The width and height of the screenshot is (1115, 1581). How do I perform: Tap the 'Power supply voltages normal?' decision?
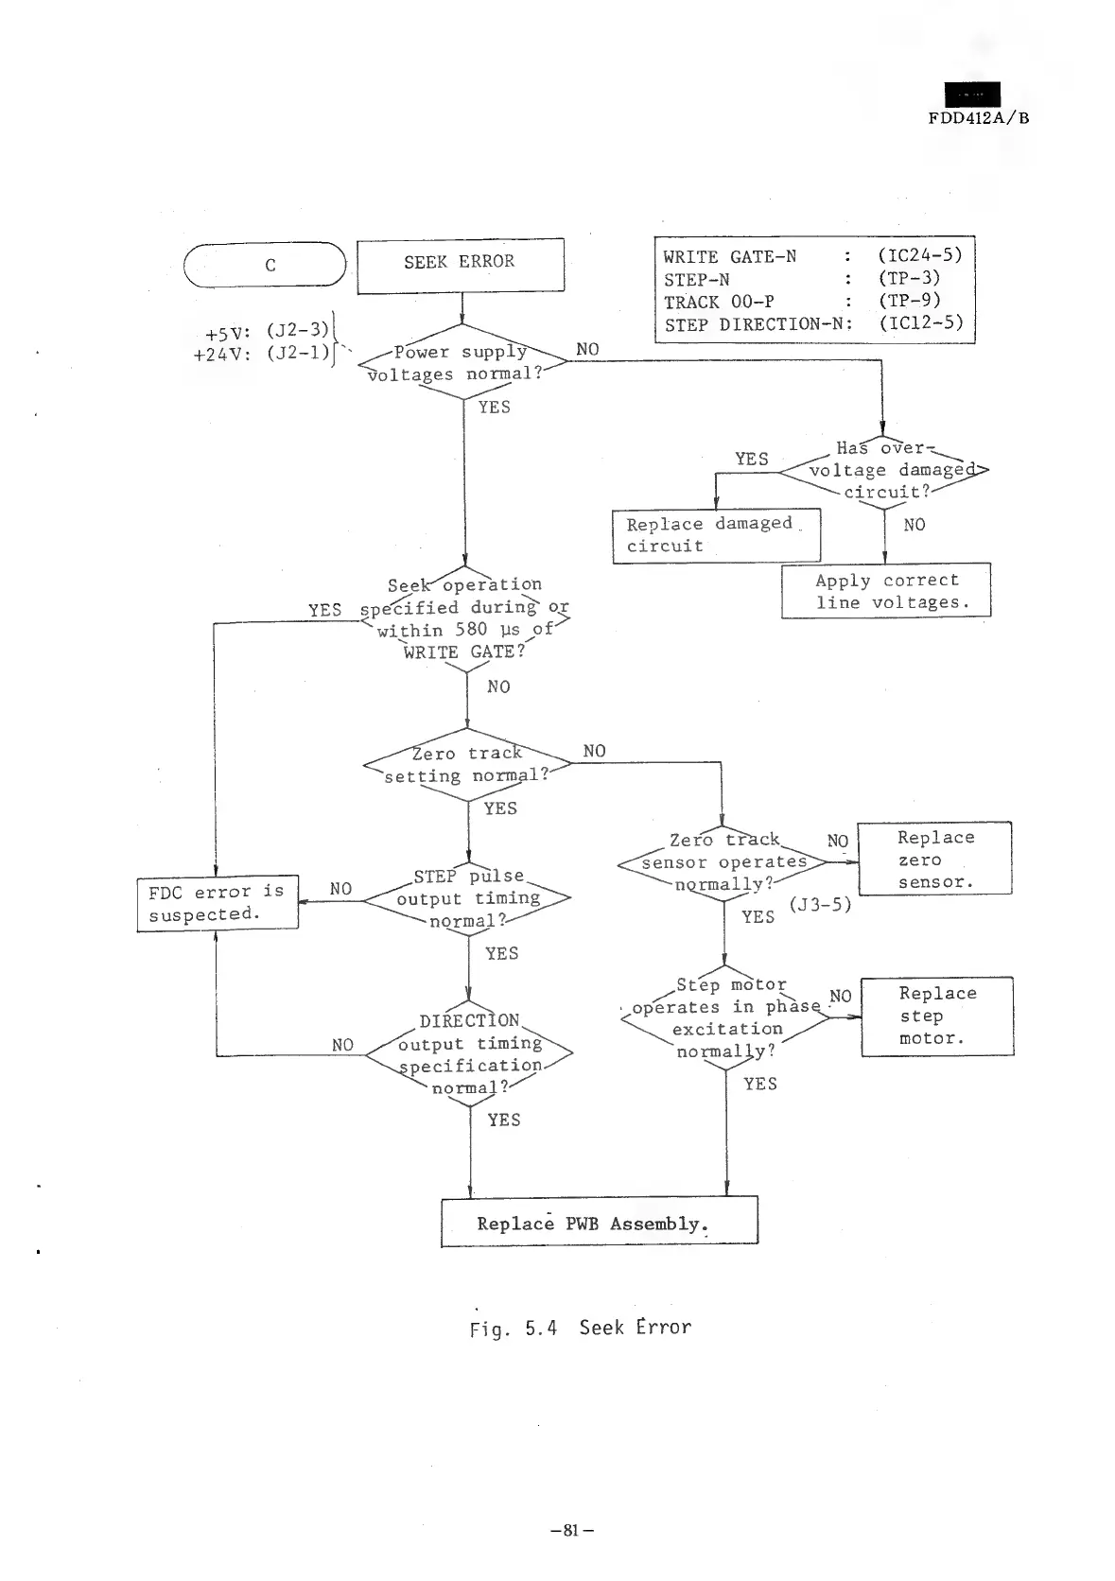tap(462, 363)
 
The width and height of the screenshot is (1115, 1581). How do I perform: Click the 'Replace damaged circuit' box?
tap(716, 535)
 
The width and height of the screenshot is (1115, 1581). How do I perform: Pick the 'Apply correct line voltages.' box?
tap(885, 591)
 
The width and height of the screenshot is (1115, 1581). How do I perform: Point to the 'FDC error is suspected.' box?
tap(218, 903)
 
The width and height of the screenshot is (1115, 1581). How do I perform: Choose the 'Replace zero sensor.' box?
tap(933, 860)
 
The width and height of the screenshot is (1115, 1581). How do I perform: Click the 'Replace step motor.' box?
tap(936, 1016)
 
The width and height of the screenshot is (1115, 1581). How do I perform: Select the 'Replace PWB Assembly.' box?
tap(600, 1223)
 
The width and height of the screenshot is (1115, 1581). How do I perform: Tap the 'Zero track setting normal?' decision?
tap(466, 765)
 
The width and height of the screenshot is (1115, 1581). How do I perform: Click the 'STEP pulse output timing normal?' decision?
tap(468, 899)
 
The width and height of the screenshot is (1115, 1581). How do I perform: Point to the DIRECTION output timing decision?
tap(470, 1053)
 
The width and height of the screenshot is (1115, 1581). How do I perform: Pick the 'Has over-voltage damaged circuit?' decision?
tap(883, 470)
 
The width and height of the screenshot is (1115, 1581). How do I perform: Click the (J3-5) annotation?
tap(820, 905)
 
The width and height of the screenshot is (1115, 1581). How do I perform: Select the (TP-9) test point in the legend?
tap(908, 301)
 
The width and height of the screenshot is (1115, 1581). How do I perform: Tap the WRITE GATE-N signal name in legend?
tap(729, 256)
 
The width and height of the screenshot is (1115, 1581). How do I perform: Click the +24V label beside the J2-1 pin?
tap(218, 356)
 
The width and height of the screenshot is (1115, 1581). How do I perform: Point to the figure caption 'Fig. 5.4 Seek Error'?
tap(581, 1328)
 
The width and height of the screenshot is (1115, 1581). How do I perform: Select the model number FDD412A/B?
tap(978, 118)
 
